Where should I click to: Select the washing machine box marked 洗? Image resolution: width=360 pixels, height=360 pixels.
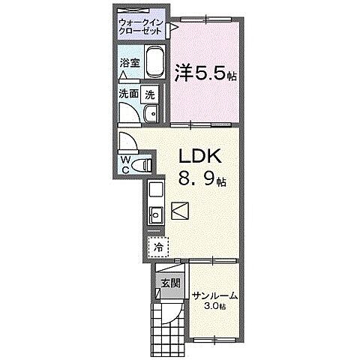(150, 94)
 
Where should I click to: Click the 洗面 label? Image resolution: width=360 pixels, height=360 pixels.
(128, 95)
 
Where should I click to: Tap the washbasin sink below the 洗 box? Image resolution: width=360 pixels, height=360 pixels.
(150, 114)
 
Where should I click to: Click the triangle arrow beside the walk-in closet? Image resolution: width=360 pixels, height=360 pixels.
(172, 28)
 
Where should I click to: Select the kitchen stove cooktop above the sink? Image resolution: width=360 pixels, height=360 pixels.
(155, 190)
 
